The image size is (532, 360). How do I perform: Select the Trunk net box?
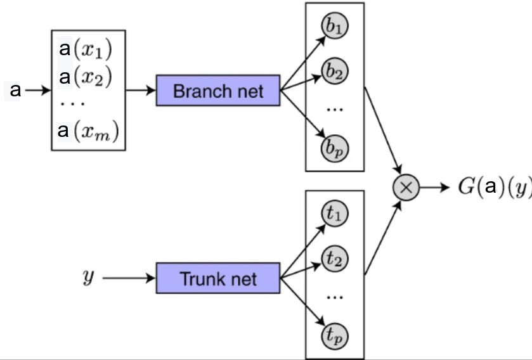point(218,278)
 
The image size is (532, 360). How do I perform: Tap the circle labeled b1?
point(335,29)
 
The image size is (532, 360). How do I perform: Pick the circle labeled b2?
point(335,72)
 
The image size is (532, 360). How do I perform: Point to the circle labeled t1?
point(335,214)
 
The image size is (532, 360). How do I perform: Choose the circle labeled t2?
point(335,258)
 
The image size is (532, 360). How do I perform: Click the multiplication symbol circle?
point(406,188)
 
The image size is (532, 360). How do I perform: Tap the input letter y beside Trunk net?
point(88,277)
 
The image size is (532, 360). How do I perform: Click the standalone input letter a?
point(15,91)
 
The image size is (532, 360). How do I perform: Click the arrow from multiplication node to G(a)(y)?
point(436,188)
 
